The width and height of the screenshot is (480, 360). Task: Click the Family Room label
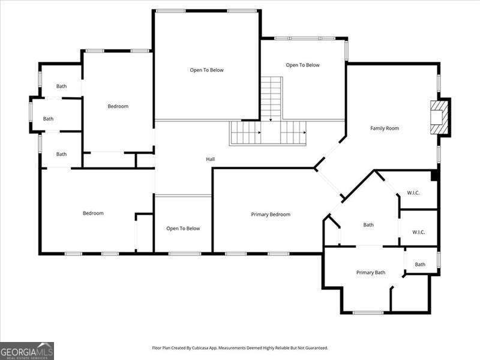385,128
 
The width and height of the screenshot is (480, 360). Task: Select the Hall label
210,159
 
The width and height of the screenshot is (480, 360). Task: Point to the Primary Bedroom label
271,214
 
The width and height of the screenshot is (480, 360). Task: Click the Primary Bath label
371,272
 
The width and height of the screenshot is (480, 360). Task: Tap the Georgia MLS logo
27,350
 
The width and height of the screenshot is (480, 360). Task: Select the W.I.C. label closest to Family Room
413,193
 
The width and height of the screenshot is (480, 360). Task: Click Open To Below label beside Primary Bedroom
183,228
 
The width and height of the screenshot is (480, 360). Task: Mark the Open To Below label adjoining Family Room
302,65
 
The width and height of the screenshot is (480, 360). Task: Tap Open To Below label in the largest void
206,70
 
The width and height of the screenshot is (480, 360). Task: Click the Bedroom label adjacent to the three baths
118,106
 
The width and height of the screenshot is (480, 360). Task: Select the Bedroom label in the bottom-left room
93,213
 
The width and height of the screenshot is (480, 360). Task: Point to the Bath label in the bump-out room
48,119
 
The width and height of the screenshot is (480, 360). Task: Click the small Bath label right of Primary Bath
420,264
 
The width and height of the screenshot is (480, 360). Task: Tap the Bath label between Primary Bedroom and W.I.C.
368,225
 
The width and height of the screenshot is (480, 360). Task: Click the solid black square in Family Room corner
434,176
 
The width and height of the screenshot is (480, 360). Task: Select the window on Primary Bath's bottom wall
368,312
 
